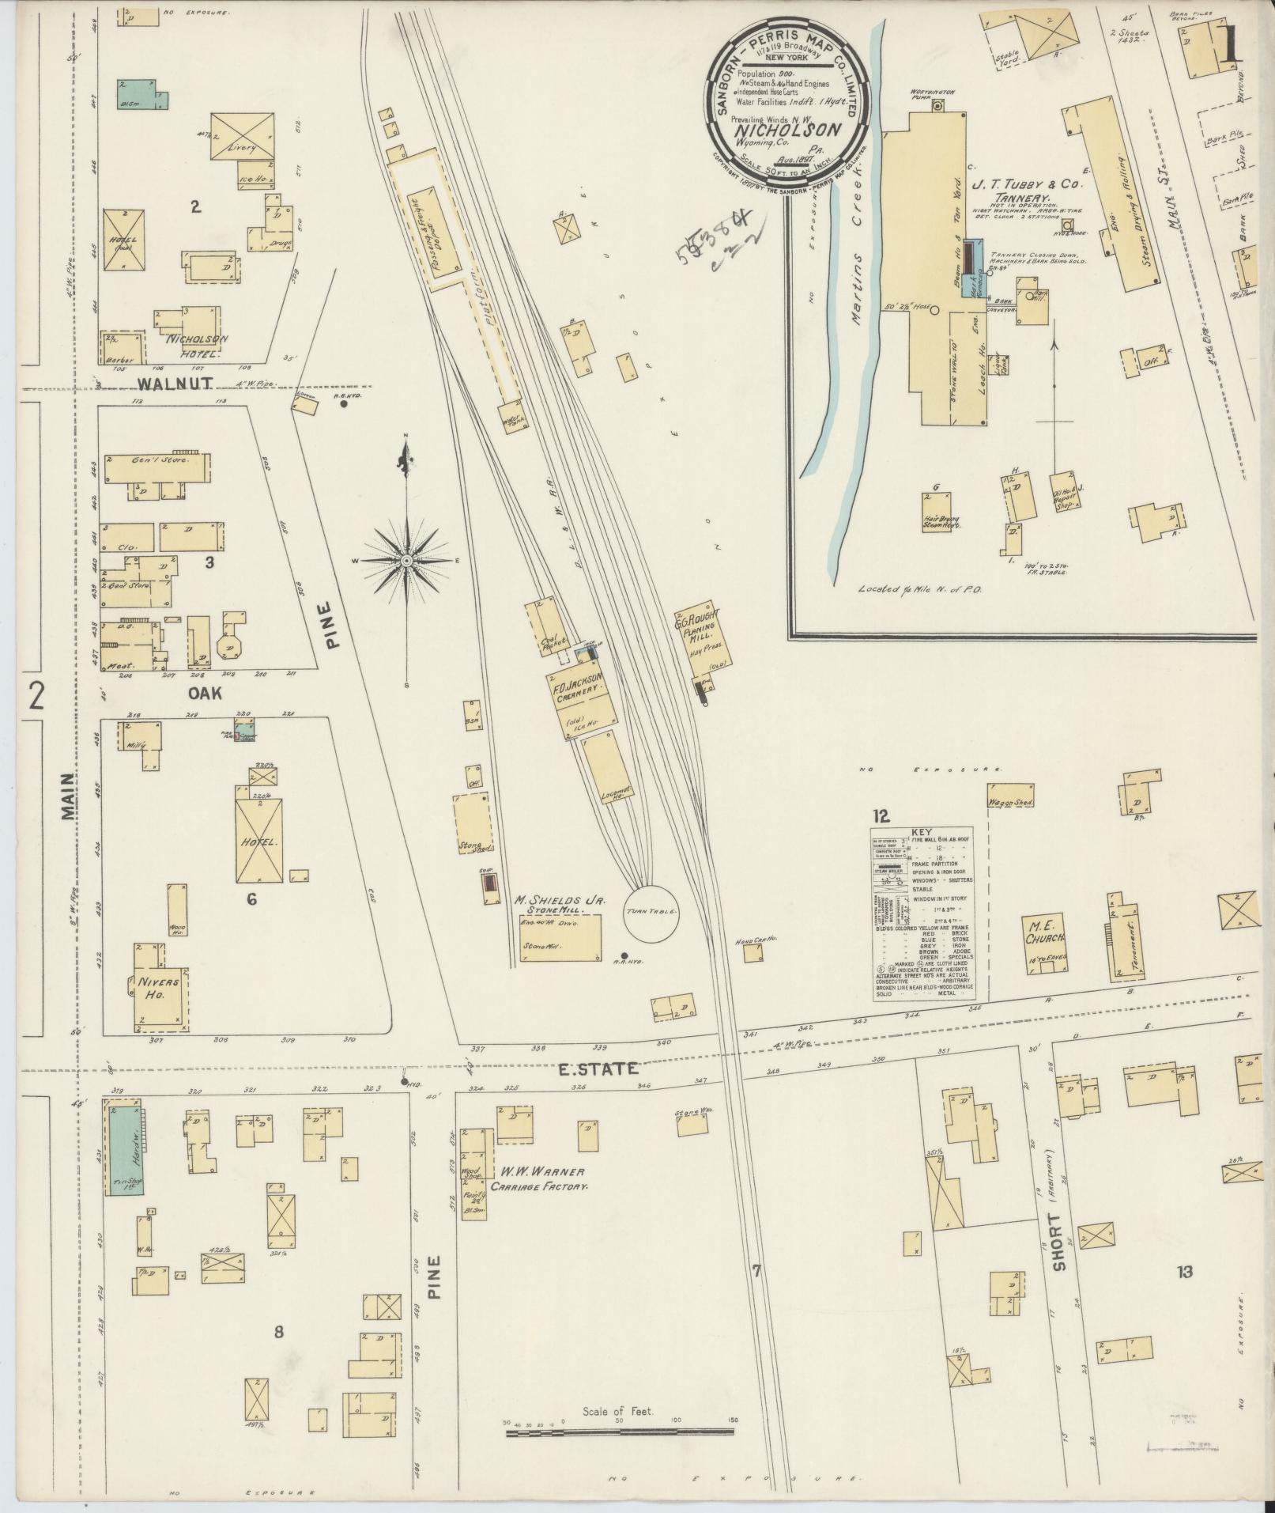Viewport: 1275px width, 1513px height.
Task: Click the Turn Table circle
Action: click(651, 912)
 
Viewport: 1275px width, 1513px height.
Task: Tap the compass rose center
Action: click(406, 561)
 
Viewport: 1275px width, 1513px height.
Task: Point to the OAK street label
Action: click(204, 693)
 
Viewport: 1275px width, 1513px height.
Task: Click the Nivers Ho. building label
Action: click(159, 988)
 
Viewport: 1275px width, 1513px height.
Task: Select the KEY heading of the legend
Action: click(922, 832)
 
